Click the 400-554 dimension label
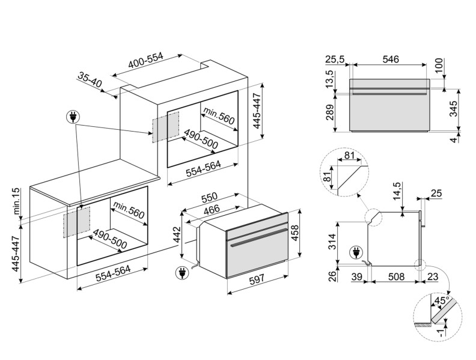(145, 61)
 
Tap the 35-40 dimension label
(90, 80)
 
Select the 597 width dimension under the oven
(257, 279)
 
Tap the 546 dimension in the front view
(391, 59)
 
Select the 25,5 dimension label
(335, 59)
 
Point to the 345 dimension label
(453, 109)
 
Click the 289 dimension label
(331, 112)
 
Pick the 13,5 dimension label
(330, 79)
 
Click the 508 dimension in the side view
(396, 276)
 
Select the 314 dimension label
(333, 242)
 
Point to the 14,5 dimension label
(398, 191)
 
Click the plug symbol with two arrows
(73, 116)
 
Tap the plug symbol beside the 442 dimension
(182, 273)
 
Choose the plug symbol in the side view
(355, 252)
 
